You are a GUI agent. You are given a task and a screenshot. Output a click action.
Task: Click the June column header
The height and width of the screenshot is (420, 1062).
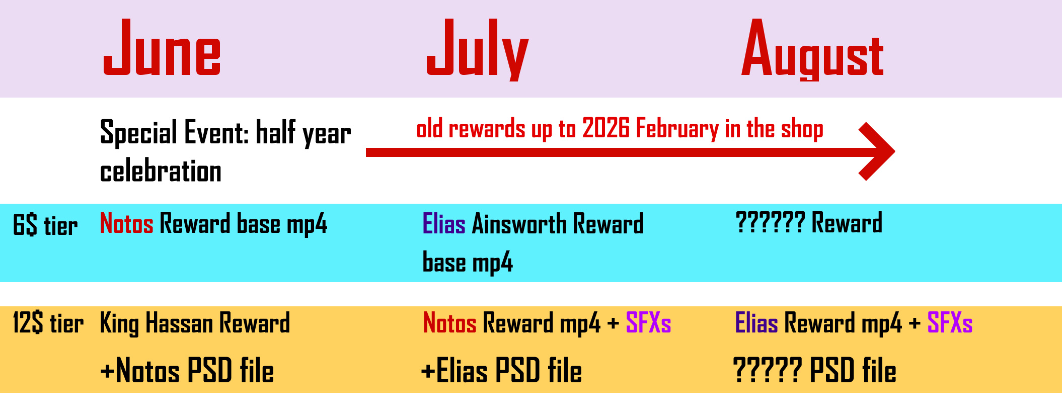[x=162, y=47]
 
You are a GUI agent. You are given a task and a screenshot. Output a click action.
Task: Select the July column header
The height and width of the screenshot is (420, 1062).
[x=477, y=49]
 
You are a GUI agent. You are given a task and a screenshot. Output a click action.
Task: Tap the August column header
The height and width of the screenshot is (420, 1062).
[x=812, y=49]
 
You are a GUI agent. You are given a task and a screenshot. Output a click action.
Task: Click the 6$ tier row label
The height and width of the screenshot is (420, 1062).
[x=45, y=225]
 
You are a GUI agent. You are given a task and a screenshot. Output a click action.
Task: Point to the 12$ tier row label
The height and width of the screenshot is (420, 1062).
[x=48, y=323]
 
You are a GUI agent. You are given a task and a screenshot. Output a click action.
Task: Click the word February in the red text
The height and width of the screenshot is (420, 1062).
[x=677, y=129]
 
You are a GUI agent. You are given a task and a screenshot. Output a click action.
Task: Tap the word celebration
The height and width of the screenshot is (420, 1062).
[x=161, y=172]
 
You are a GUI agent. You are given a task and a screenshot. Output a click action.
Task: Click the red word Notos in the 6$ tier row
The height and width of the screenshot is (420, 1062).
[x=127, y=223]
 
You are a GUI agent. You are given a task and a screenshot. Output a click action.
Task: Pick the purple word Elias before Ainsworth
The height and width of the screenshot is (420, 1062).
[x=444, y=224]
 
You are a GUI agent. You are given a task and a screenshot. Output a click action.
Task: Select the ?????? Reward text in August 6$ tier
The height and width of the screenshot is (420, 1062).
[x=809, y=223]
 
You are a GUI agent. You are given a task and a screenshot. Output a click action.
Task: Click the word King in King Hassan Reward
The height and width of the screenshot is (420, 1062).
[x=119, y=323]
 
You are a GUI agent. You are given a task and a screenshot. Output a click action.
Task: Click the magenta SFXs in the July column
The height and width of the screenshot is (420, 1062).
[x=648, y=323]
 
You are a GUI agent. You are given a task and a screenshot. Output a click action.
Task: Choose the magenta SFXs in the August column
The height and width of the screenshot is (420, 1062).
[x=950, y=323]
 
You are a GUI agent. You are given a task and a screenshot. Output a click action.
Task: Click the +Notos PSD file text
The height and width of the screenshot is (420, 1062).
[x=187, y=371]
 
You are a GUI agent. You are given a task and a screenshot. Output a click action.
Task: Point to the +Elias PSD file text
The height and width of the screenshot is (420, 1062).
[x=502, y=371]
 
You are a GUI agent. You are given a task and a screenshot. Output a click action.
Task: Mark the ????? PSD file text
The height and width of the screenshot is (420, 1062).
[x=815, y=371]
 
